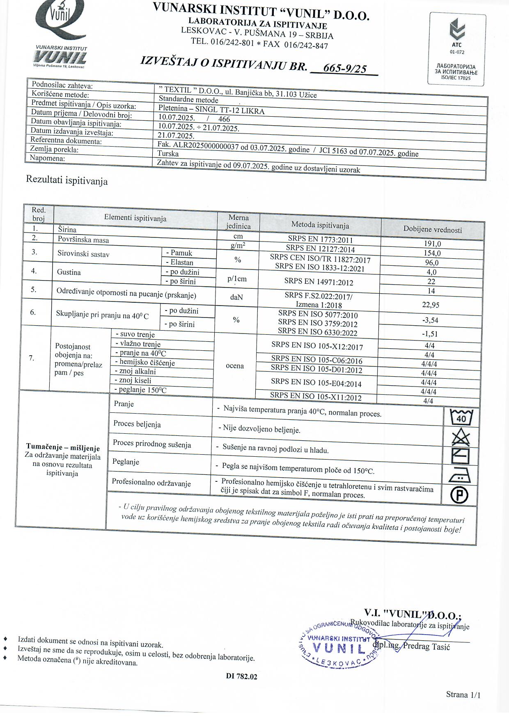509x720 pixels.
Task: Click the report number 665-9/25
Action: click(345, 69)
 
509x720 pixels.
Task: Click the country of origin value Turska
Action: click(168, 154)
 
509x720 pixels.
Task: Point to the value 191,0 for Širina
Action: click(432, 244)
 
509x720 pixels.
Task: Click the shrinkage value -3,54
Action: click(430, 320)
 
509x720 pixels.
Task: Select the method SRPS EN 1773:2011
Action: click(320, 239)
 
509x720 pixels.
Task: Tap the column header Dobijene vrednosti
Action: click(432, 230)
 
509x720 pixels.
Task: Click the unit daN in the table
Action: click(236, 297)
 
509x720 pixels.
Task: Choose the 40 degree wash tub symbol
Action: click(461, 418)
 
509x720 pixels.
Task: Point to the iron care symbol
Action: click(460, 476)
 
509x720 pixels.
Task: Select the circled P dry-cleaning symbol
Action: click(459, 495)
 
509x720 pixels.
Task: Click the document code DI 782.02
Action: click(241, 676)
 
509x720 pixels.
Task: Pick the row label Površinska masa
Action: click(83, 240)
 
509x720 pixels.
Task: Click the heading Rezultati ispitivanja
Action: click(67, 180)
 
